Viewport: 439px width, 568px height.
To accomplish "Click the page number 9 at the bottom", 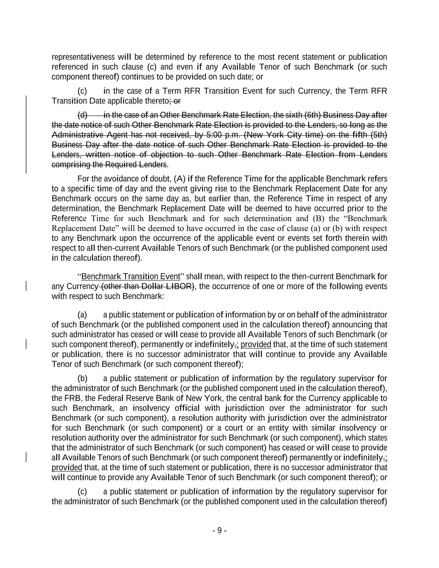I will pos(219,531).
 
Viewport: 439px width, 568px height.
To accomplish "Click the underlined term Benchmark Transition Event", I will pos(131,277).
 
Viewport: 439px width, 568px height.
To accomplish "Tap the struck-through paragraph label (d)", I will pos(83,115).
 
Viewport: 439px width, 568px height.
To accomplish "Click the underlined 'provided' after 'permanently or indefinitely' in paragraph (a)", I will pos(256,345).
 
